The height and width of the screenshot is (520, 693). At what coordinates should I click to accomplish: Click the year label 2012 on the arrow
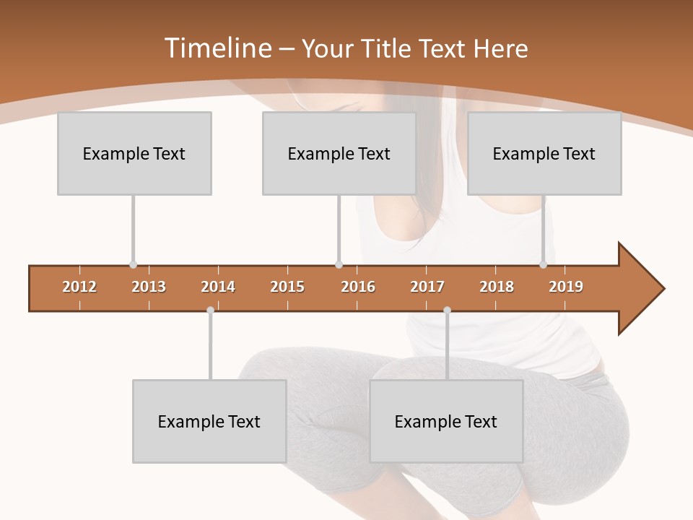pos(79,287)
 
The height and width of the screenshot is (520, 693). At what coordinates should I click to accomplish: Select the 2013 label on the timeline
pos(149,287)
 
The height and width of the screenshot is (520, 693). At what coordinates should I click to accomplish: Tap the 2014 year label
pos(218,287)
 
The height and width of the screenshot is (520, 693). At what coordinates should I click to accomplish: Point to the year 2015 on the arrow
pos(287,287)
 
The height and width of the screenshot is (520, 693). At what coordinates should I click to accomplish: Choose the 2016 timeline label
pos(358,287)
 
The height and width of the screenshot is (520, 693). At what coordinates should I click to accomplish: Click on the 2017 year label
pos(427,287)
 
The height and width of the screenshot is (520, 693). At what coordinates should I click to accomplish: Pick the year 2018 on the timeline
pos(497,287)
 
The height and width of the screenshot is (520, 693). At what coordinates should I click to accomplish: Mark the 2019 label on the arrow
pos(566,287)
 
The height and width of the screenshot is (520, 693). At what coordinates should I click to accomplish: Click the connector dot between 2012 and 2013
pos(133,265)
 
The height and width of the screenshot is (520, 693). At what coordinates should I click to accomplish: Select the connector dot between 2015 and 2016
pos(339,265)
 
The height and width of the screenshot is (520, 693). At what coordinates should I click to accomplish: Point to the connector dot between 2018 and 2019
pos(544,265)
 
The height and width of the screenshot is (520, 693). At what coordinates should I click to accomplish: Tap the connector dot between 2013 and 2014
pos(210,311)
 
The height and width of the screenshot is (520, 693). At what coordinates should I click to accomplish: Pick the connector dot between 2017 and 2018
pos(447,311)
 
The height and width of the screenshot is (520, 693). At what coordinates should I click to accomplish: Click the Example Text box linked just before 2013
pos(134,153)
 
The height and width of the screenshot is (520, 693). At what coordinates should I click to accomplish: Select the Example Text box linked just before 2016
pos(339,153)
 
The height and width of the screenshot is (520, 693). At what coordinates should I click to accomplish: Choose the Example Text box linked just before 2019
pos(544,153)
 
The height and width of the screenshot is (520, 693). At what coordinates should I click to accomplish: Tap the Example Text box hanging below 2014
pos(209,421)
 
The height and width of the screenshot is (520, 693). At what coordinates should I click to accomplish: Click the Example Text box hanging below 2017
pos(446,421)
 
